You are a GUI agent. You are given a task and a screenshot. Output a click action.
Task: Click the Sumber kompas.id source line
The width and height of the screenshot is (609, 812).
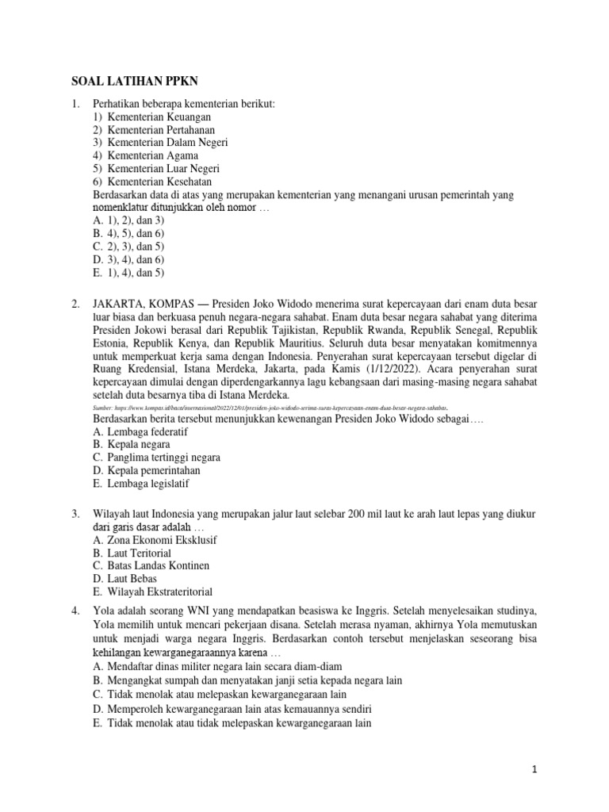coord(270,407)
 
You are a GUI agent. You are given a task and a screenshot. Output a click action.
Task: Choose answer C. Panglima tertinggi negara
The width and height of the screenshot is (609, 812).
coord(156,458)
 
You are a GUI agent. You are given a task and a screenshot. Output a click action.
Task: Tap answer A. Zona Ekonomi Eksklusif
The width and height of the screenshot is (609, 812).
coord(155,540)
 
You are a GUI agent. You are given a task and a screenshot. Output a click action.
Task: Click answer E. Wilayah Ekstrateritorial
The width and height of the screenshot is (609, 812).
coord(152,591)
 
